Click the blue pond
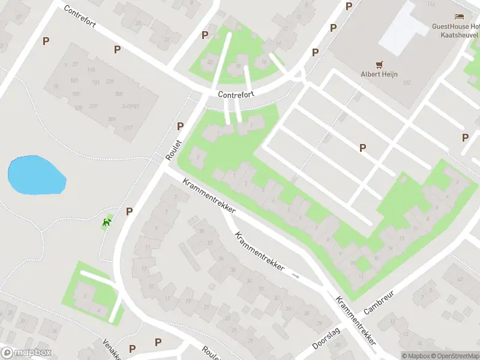coord(35,175)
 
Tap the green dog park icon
coord(107,223)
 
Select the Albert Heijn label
coord(379,74)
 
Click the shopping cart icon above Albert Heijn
coord(379,64)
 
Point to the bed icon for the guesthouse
coord(460,17)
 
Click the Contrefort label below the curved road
coord(236,95)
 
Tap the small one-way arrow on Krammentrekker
coord(295,276)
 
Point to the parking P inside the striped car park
coord(362,148)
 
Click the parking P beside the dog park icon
coord(129,211)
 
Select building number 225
coord(110,82)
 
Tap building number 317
coord(128,127)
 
